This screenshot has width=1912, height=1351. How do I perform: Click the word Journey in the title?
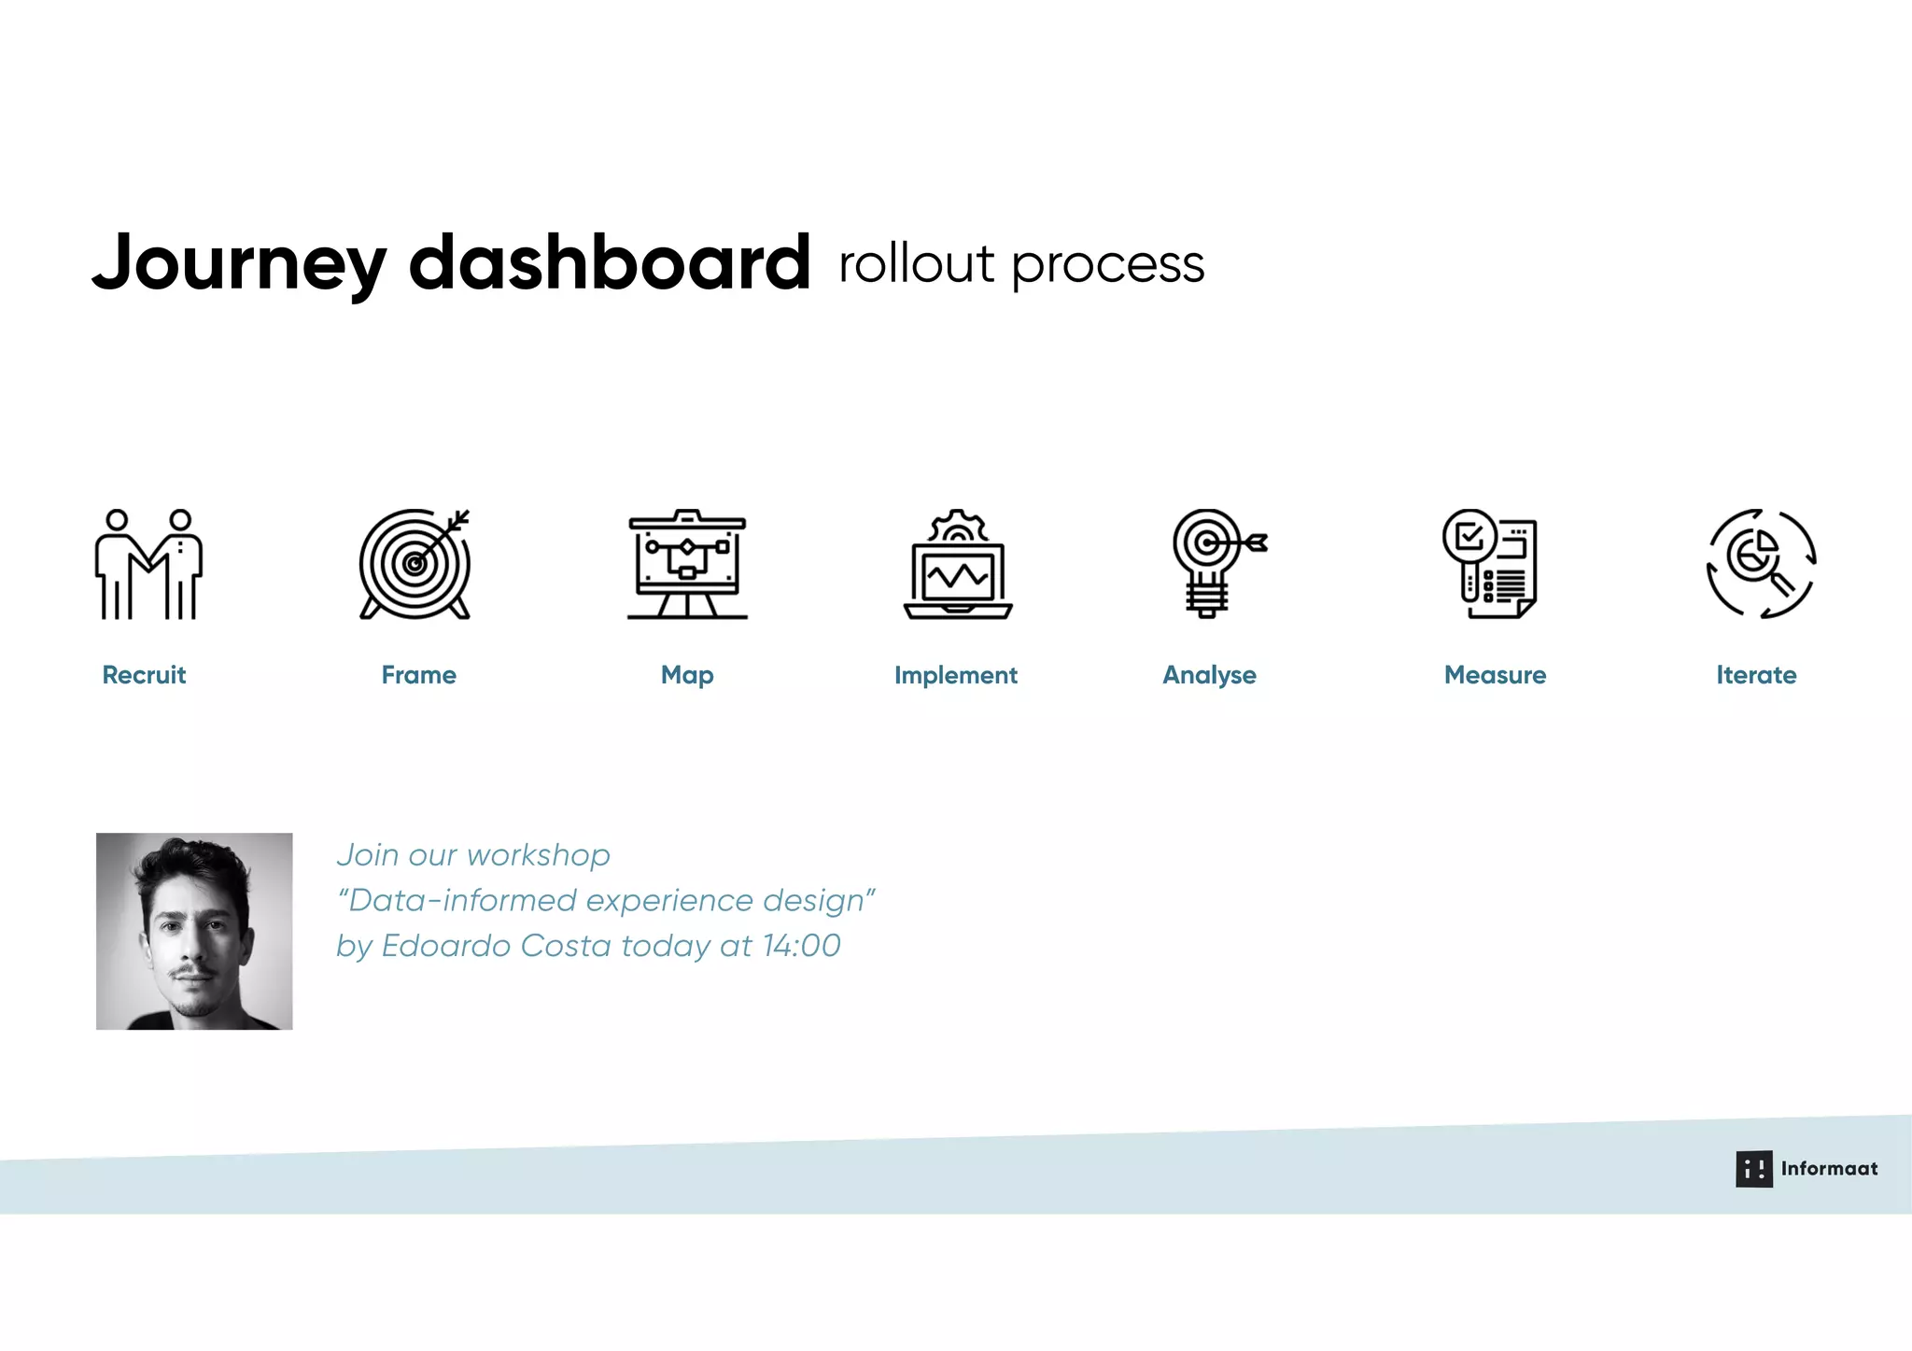[x=239, y=264]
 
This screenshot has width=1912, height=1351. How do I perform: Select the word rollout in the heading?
[x=917, y=263]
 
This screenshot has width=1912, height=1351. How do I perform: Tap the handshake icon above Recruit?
[x=148, y=564]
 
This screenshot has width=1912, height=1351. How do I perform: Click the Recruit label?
[x=144, y=675]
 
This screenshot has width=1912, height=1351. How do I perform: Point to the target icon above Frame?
[x=415, y=564]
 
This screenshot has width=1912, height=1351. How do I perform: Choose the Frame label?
[x=418, y=675]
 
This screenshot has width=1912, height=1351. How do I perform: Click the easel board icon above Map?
[x=687, y=564]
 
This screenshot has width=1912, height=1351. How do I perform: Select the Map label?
[x=687, y=675]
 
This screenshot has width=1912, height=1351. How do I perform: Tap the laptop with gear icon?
[x=958, y=564]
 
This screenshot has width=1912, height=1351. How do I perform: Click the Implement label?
[x=955, y=675]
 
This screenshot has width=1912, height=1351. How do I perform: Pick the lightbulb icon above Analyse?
[x=1214, y=564]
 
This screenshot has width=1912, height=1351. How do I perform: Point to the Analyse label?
[x=1209, y=675]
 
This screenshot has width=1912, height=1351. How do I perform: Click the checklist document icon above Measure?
[x=1490, y=564]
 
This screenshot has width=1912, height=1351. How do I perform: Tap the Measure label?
[x=1495, y=675]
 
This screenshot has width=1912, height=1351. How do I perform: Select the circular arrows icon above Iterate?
[x=1761, y=564]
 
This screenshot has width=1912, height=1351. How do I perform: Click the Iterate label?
[x=1756, y=675]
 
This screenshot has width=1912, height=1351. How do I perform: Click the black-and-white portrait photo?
[x=194, y=931]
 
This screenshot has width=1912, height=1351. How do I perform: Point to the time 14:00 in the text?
[x=801, y=946]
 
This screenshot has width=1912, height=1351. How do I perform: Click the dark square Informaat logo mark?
[x=1753, y=1169]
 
